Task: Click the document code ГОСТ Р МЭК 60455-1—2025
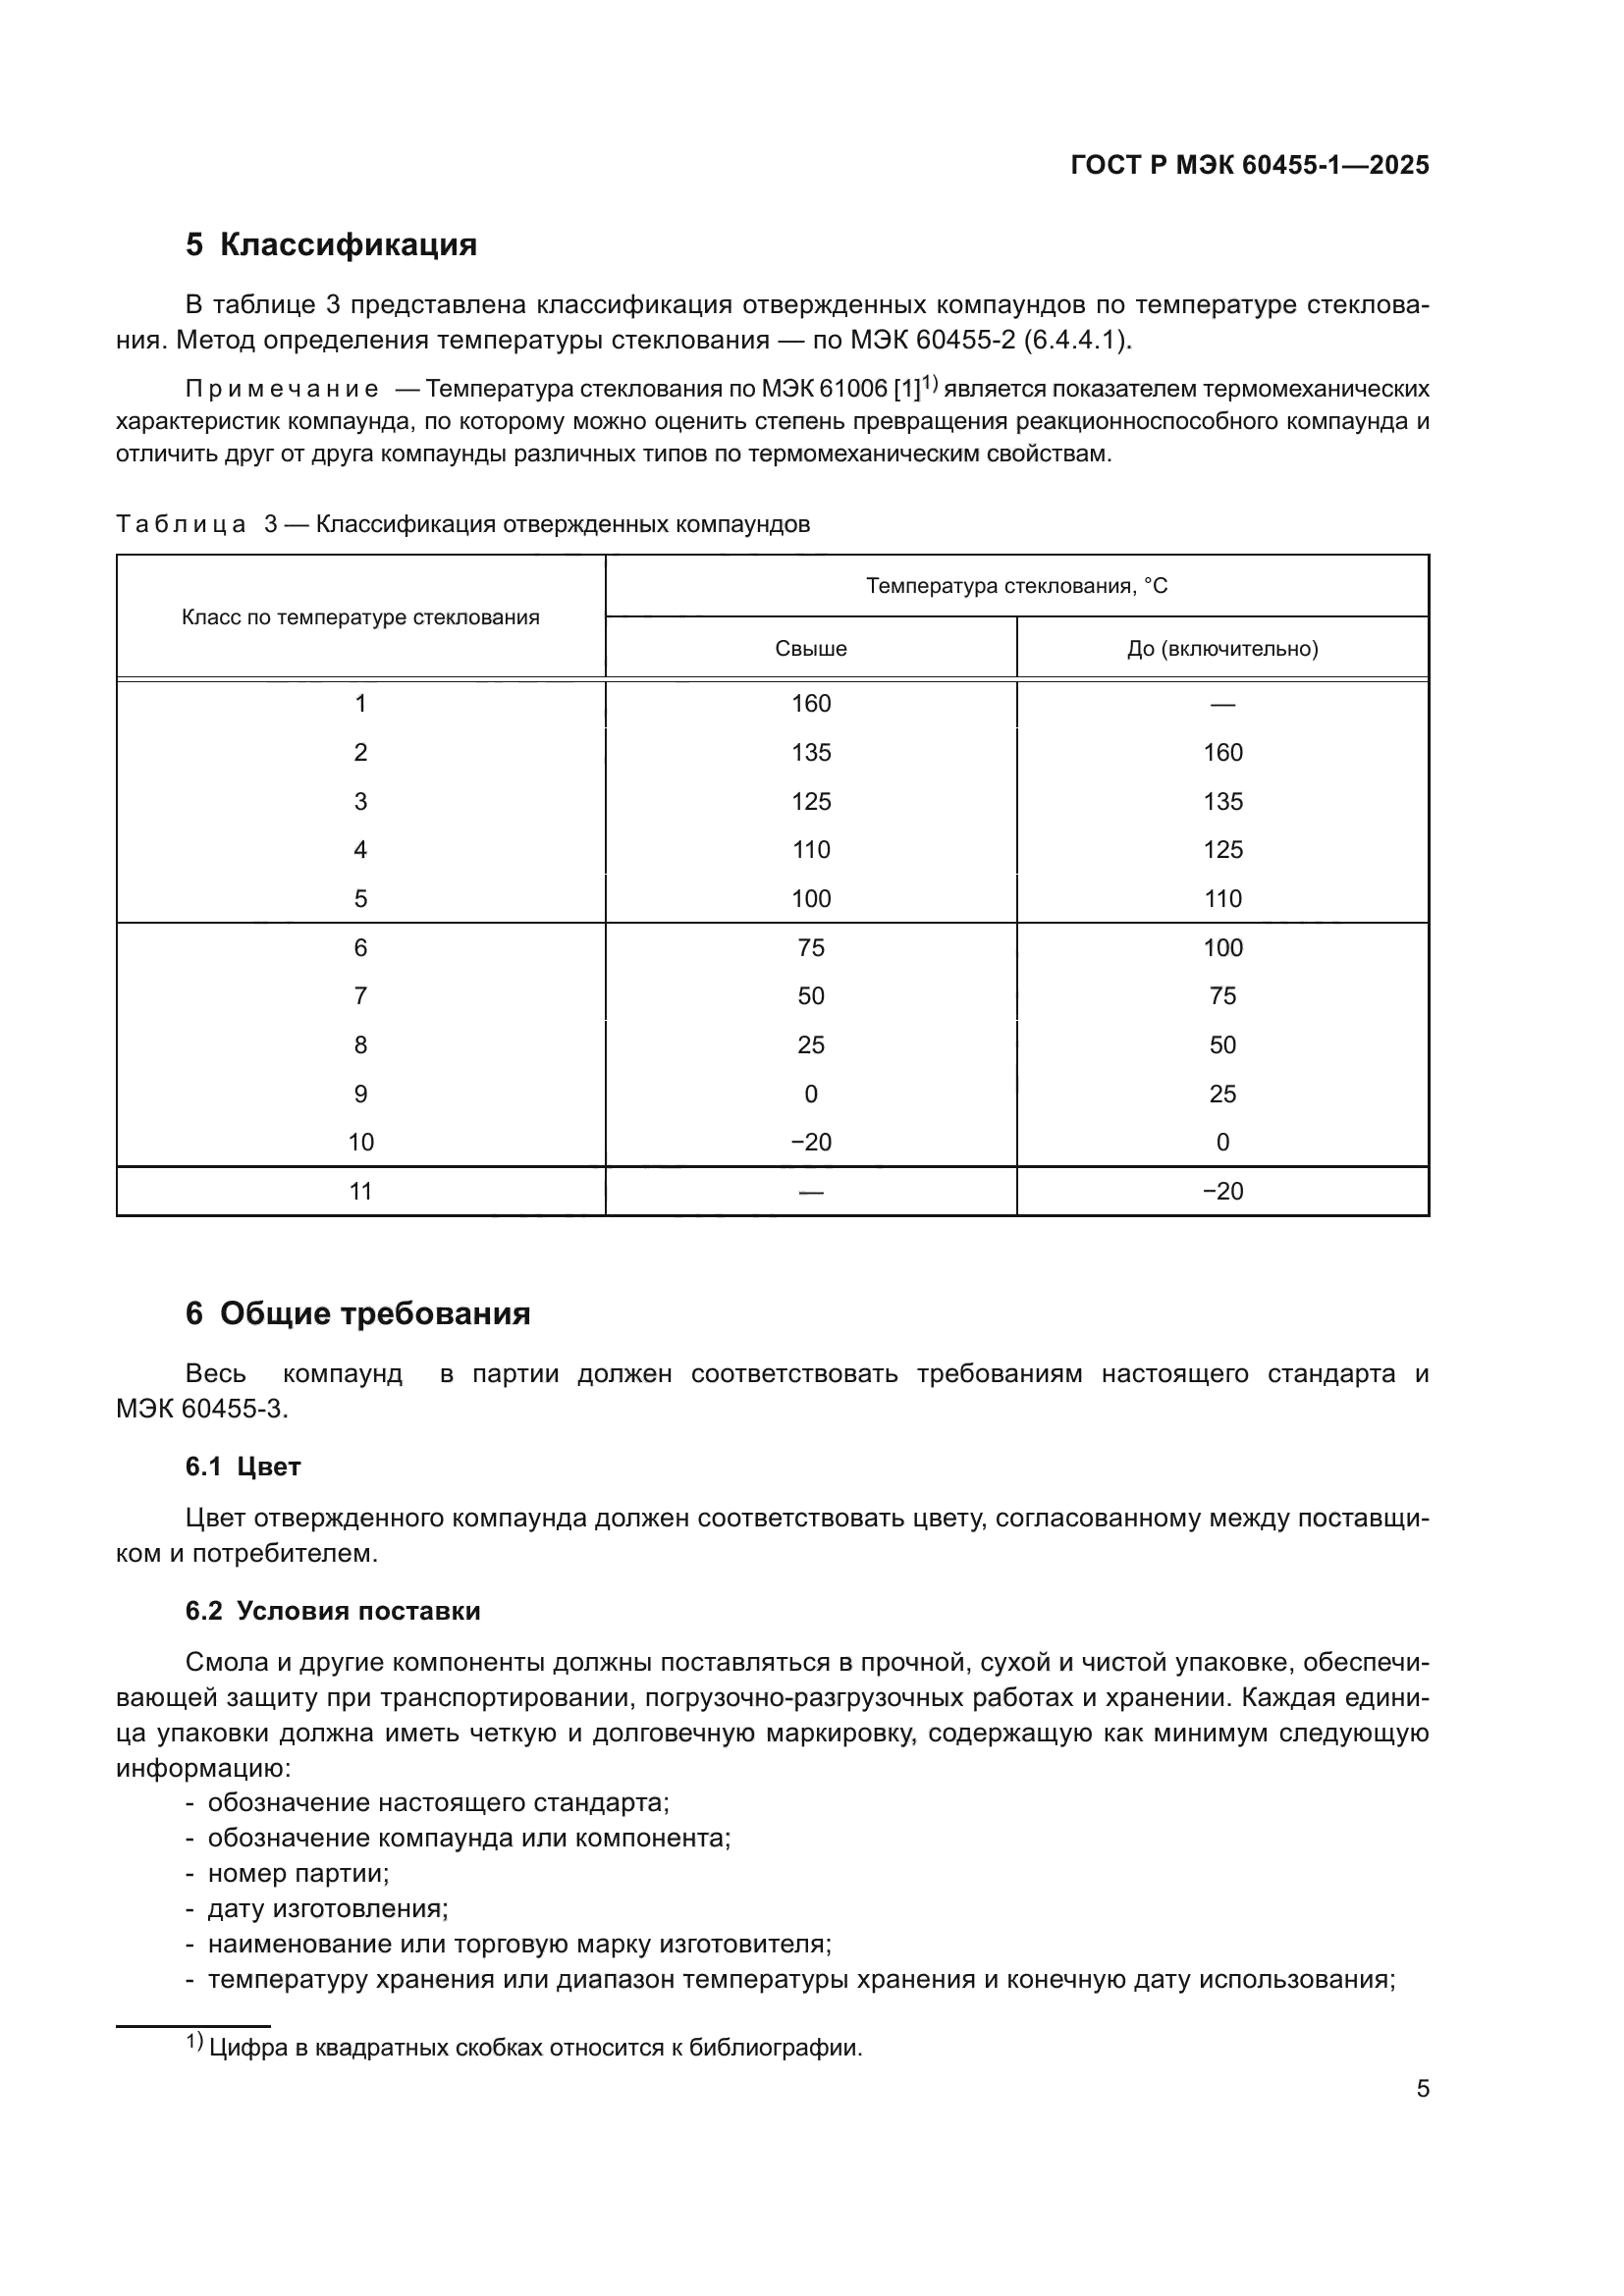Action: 1249,165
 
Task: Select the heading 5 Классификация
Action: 331,245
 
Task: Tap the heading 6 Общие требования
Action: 358,1313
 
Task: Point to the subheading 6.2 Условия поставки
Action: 333,1610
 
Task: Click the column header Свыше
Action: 810,649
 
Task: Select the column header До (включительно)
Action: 1222,649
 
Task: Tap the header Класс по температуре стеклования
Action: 360,617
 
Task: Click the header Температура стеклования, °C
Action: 1016,586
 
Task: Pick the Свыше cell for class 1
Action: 810,704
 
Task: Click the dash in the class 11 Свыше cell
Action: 810,1192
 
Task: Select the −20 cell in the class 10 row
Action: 810,1142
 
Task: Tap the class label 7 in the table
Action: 360,996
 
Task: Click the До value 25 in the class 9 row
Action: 1222,1094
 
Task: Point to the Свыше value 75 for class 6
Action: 810,947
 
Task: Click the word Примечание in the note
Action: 282,389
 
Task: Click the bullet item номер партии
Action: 298,1873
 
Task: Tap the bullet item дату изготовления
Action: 327,1908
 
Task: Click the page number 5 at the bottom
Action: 1422,2089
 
